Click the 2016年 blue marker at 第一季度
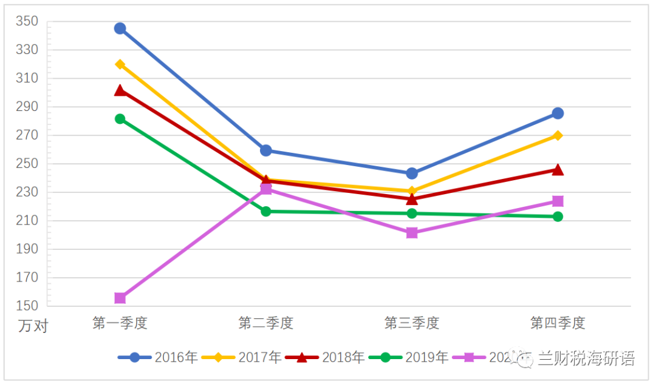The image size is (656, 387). pyautogui.click(x=120, y=29)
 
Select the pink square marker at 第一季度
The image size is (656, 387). pyautogui.click(x=120, y=298)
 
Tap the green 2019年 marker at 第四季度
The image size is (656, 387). pyautogui.click(x=558, y=217)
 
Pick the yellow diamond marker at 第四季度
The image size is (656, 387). pyautogui.click(x=558, y=135)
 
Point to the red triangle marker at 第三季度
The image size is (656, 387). pyautogui.click(x=412, y=198)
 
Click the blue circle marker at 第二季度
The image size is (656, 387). pyautogui.click(x=266, y=150)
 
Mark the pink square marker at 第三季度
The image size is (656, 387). pyautogui.click(x=412, y=232)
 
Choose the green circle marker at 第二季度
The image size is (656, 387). pyautogui.click(x=266, y=211)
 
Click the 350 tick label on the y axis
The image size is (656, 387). pyautogui.click(x=28, y=21)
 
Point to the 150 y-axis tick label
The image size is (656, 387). pyautogui.click(x=28, y=306)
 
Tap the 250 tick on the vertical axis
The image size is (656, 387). pyautogui.click(x=28, y=164)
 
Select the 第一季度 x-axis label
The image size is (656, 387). pyautogui.click(x=120, y=323)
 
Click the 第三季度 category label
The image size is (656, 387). pyautogui.click(x=412, y=323)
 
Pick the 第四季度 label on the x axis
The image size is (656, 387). pyautogui.click(x=558, y=323)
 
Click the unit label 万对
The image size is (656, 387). pyautogui.click(x=33, y=326)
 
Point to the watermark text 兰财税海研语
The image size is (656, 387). pyautogui.click(x=586, y=358)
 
